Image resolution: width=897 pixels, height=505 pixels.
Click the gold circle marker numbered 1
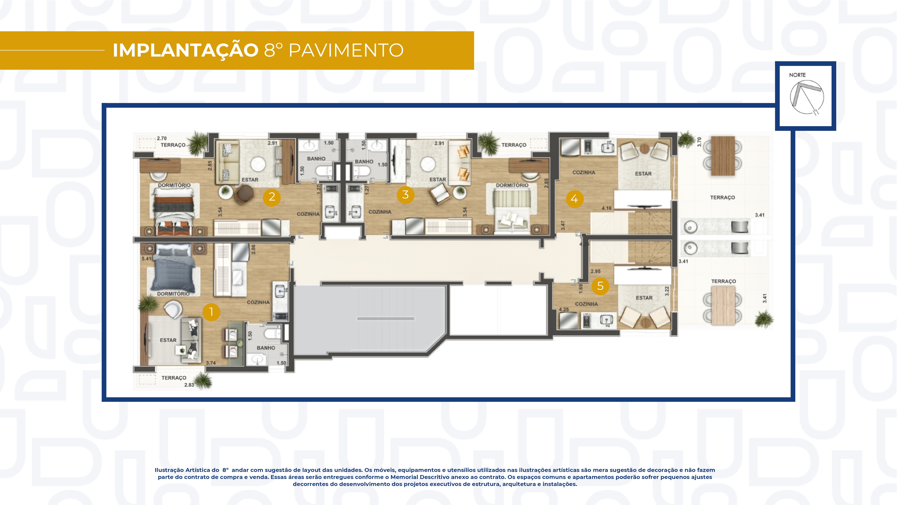211,312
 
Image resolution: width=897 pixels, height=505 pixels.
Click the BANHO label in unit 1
266,348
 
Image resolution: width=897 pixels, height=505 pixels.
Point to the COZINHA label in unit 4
584,173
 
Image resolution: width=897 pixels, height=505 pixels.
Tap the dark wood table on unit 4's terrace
723,156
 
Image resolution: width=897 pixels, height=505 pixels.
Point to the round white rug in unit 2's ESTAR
258,164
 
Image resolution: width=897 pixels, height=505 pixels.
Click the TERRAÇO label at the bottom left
174,378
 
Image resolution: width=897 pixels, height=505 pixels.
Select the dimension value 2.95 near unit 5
595,271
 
